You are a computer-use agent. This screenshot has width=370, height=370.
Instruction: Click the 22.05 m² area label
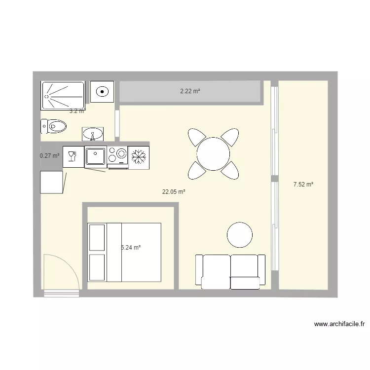(174, 192)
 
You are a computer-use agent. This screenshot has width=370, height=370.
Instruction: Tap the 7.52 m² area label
(303, 185)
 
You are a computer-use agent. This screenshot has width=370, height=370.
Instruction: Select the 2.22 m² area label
(190, 91)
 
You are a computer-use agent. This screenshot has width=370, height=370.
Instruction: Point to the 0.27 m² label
(49, 156)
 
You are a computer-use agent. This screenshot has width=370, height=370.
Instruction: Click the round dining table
(213, 153)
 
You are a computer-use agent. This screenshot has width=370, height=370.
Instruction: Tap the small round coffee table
(240, 234)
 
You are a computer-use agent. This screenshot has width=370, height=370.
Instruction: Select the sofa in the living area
(230, 271)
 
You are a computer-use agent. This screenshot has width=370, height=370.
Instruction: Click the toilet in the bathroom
(54, 126)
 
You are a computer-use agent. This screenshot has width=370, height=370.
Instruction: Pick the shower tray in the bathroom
(63, 95)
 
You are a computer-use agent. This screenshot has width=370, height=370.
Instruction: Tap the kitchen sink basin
(95, 156)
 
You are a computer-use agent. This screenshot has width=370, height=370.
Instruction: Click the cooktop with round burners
(117, 156)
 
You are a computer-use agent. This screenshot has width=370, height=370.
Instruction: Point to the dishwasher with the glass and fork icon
(73, 156)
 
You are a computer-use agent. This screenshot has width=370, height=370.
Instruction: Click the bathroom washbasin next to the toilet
(92, 133)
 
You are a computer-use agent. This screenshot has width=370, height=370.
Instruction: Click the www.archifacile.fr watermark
(339, 324)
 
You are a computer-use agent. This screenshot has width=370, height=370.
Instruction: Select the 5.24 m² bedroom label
(131, 248)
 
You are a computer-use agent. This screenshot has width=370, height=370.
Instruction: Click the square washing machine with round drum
(102, 91)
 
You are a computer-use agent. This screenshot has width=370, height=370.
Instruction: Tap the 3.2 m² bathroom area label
(77, 111)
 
